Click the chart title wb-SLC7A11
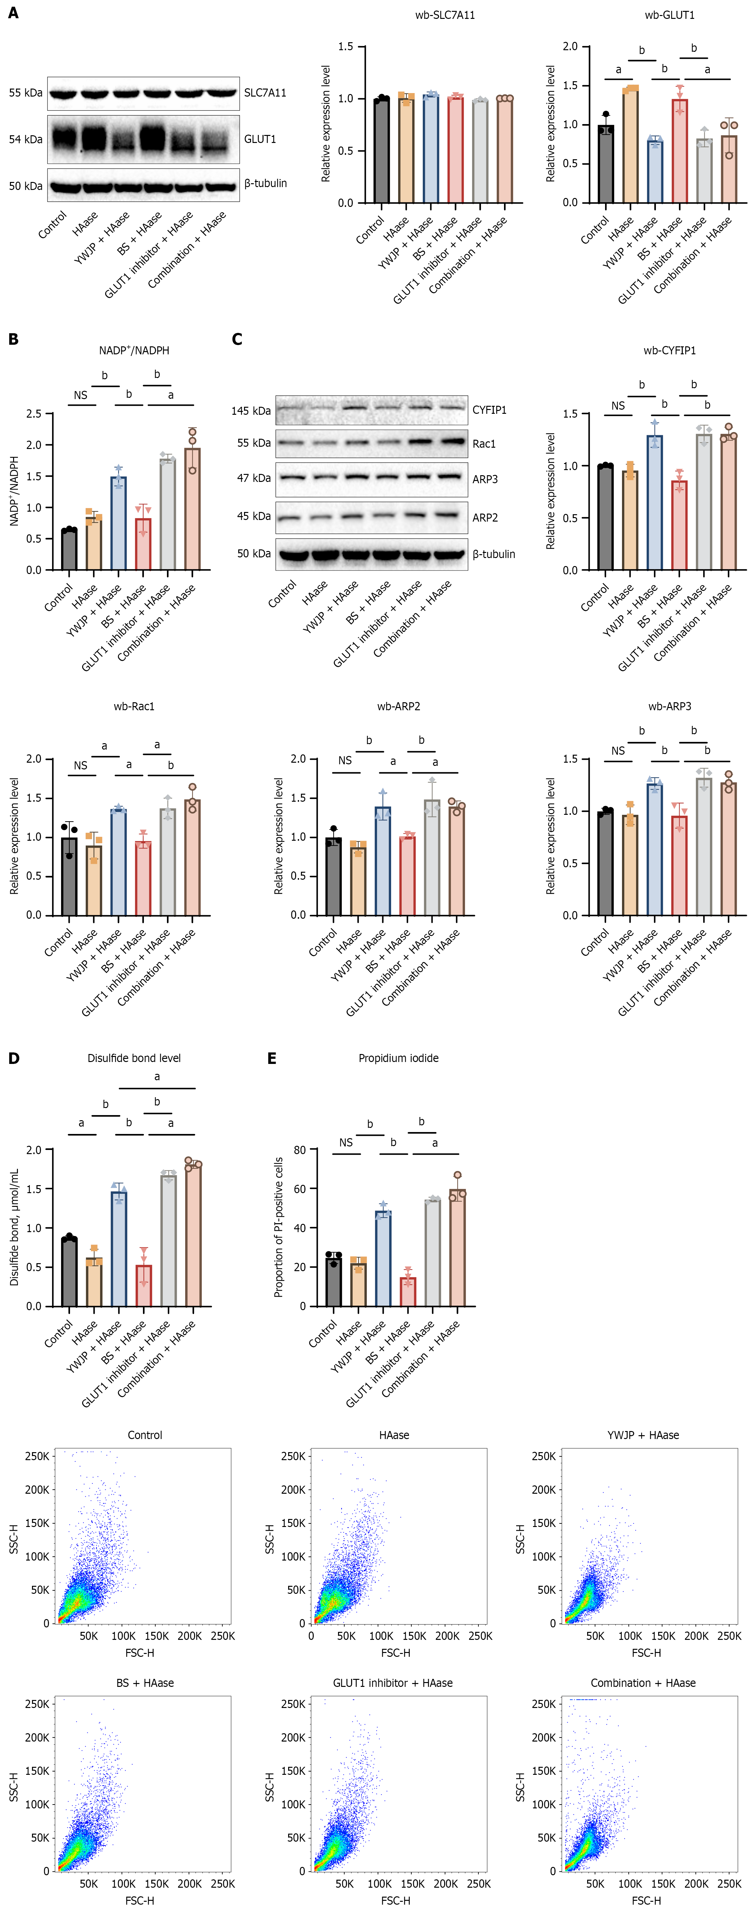(445, 15)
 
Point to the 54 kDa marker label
(25, 139)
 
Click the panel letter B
(13, 339)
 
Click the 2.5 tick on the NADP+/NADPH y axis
(34, 413)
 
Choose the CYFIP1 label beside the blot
(489, 410)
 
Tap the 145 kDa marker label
(251, 411)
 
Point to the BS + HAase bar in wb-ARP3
(679, 865)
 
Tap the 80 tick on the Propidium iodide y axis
(300, 1150)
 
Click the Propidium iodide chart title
(398, 1058)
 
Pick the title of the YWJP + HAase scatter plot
(642, 1435)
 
